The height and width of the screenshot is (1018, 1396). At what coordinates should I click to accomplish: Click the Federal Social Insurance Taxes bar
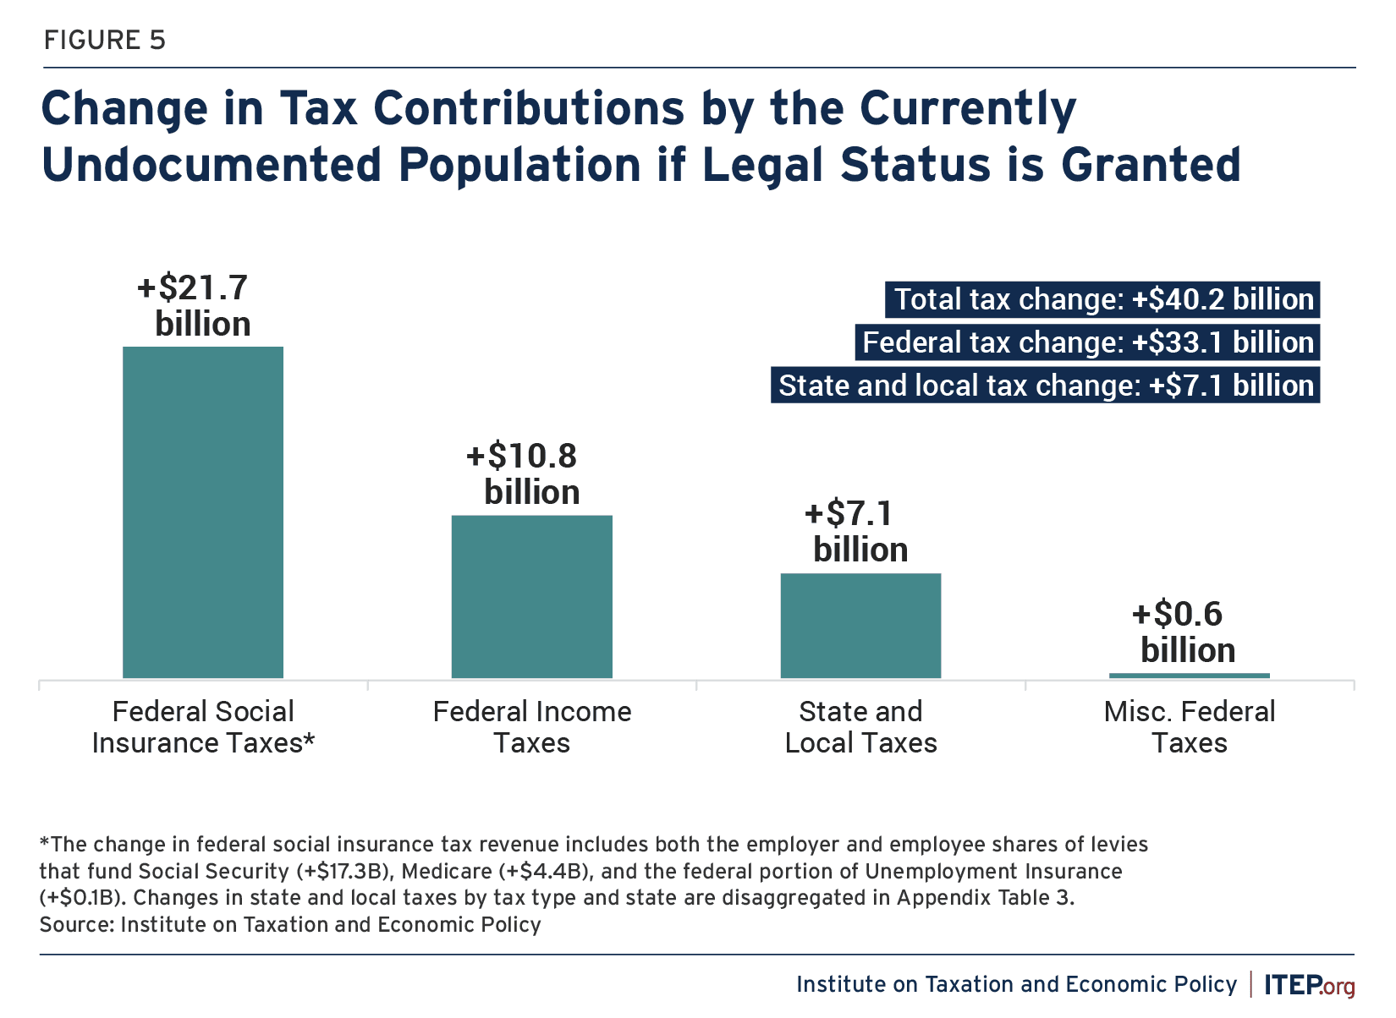click(203, 512)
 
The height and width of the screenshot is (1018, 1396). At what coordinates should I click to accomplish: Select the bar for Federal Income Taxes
click(531, 596)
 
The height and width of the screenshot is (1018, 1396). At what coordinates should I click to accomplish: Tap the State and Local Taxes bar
click(860, 626)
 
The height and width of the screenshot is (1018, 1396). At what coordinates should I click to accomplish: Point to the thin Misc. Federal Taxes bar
click(1189, 675)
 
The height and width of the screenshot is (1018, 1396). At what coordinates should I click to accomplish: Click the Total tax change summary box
click(1102, 299)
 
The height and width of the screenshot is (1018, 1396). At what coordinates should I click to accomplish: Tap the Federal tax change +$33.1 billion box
click(1087, 342)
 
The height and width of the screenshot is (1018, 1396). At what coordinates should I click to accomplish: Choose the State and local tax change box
click(1045, 386)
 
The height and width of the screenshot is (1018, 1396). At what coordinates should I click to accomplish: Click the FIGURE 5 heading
click(105, 40)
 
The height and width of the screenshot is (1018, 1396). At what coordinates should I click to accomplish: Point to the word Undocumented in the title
click(212, 165)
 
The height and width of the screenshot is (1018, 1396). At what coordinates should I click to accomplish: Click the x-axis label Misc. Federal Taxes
click(1189, 727)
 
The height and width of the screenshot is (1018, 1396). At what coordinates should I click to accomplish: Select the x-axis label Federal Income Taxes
click(531, 727)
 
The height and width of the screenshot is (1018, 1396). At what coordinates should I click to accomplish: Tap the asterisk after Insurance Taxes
click(310, 739)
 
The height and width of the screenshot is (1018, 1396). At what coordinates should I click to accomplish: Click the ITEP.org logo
click(1309, 985)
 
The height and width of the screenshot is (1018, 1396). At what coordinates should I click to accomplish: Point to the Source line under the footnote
click(290, 924)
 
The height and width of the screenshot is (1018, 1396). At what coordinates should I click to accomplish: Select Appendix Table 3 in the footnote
click(984, 897)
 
